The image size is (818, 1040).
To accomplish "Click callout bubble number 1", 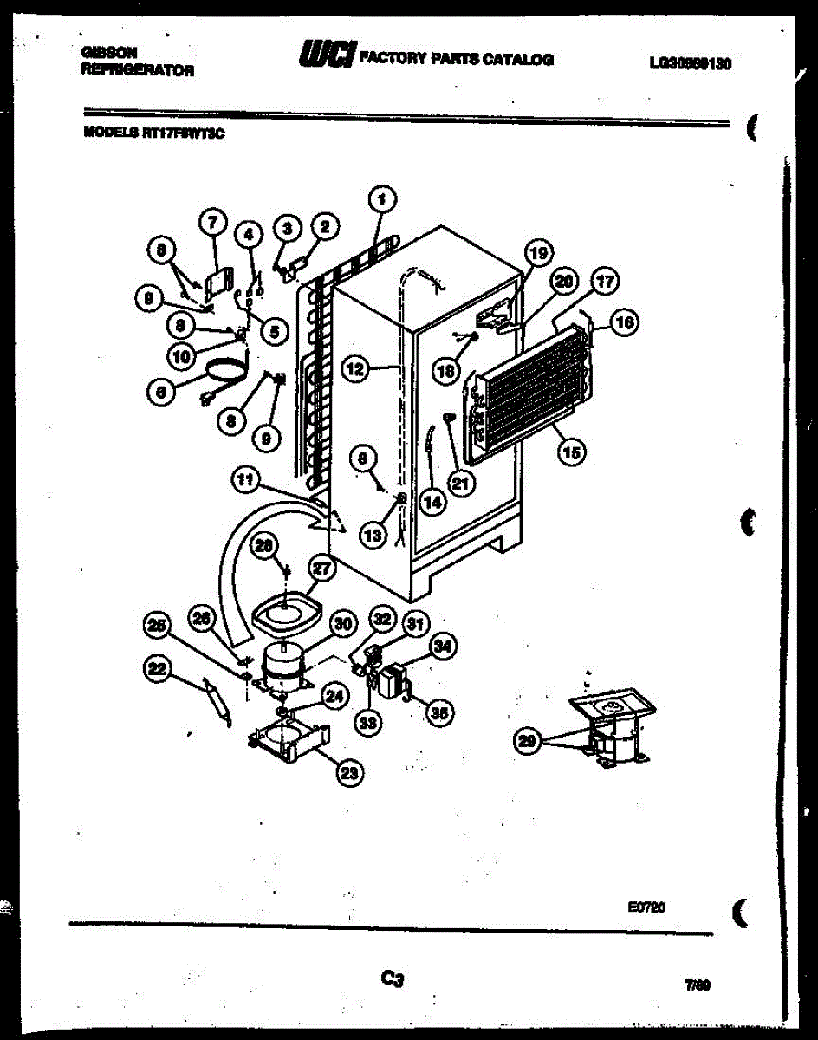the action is click(x=382, y=200).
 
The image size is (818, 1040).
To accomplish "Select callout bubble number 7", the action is click(x=212, y=224).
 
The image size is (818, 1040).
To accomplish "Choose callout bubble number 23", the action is click(x=349, y=774).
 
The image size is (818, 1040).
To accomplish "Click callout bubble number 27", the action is click(x=322, y=569).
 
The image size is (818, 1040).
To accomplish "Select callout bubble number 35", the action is click(x=440, y=713).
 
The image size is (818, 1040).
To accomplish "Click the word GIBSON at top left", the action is click(x=108, y=52).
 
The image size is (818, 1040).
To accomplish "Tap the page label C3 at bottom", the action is click(x=393, y=979).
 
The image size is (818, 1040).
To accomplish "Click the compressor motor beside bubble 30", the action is click(x=282, y=664).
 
